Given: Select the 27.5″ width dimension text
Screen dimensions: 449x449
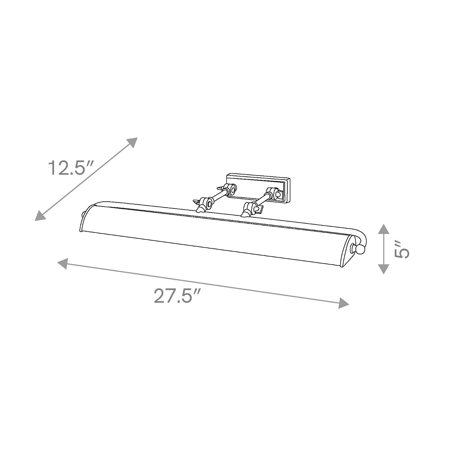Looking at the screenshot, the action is click(177, 296).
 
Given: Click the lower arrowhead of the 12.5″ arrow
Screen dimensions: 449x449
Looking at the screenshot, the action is click(40, 216).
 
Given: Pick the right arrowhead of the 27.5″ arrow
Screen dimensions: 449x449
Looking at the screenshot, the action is click(344, 303).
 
